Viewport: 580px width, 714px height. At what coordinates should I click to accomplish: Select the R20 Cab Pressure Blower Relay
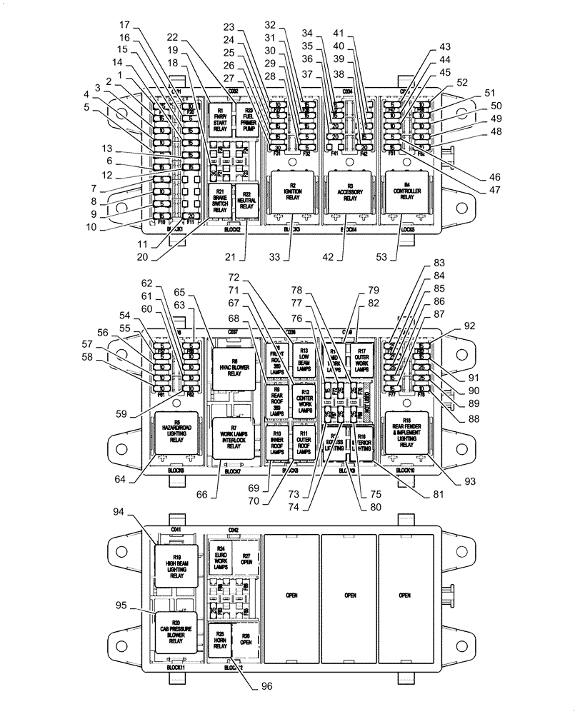point(176,630)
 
